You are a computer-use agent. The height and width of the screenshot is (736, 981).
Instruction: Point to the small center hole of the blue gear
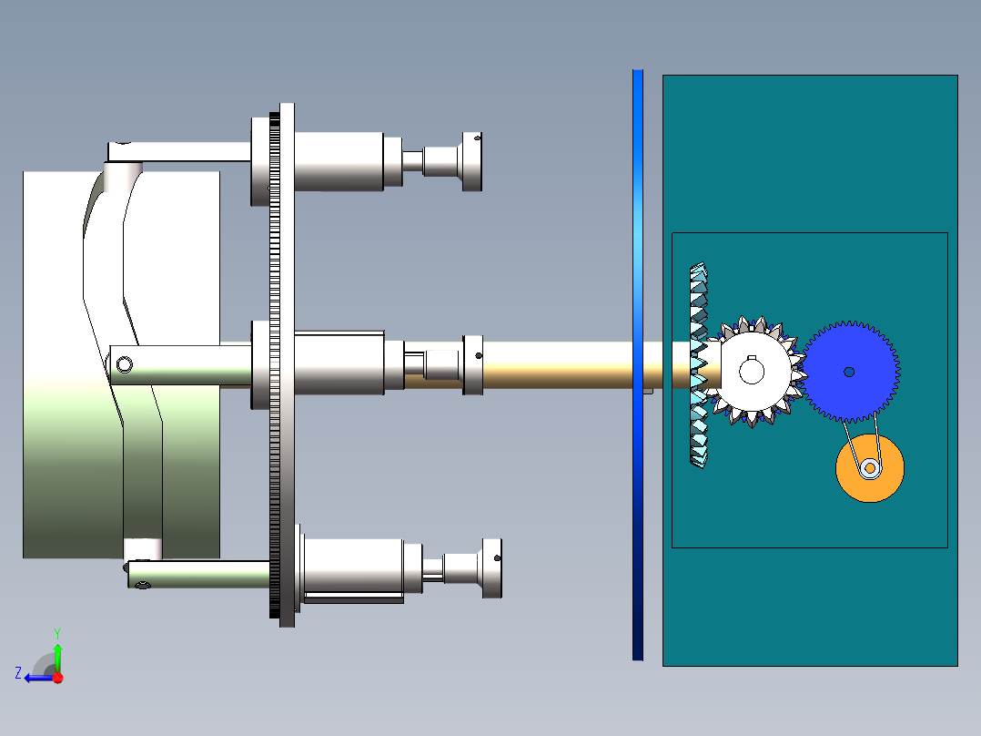849,372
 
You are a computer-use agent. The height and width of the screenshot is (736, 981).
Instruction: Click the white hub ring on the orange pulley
870,468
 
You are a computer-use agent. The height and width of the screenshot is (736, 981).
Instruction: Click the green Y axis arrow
57,654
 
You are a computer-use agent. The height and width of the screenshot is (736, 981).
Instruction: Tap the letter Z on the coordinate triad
18,673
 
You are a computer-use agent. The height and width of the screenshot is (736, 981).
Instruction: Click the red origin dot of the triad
57,678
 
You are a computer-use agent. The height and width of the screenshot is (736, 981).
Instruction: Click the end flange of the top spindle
471,161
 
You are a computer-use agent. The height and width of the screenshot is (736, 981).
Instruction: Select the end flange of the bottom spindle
490,568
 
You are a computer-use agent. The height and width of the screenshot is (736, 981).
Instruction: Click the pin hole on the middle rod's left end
124,365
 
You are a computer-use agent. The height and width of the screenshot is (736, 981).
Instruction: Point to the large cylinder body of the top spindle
337,161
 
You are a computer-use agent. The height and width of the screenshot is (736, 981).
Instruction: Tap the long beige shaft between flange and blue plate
555,364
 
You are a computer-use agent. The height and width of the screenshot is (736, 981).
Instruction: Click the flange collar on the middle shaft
472,364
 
